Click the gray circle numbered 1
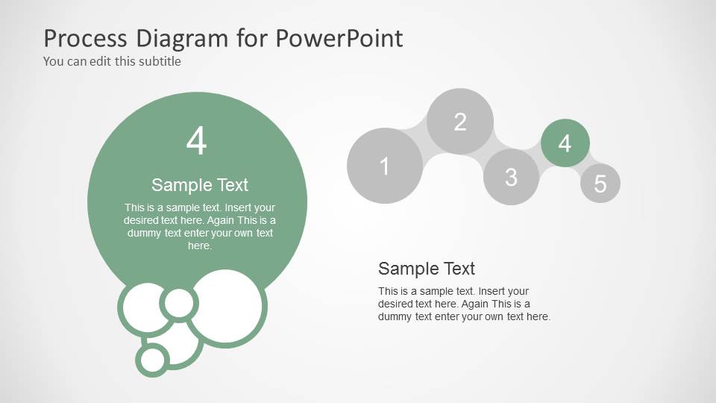click(385, 166)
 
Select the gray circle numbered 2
click(460, 122)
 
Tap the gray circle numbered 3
click(511, 177)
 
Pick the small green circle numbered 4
click(565, 143)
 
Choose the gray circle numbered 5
click(600, 184)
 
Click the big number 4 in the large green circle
click(196, 141)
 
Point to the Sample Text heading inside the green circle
click(199, 185)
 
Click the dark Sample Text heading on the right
click(426, 269)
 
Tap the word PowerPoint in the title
click(340, 37)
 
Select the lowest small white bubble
click(153, 360)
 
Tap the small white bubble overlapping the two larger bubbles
click(178, 303)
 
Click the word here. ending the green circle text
click(199, 246)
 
